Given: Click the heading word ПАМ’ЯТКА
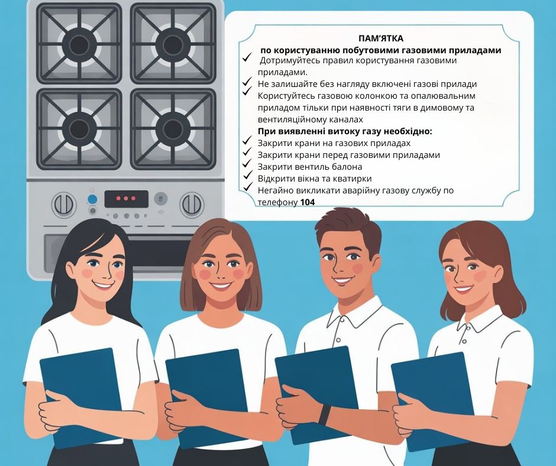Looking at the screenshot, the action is pos(381,38).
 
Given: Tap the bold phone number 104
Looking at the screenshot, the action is pos(308,202).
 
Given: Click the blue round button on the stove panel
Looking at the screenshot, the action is pos(92,199).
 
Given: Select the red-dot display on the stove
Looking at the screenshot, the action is pos(126,199).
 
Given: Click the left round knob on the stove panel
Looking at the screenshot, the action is pos(64,205).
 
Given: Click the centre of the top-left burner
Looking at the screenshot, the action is pos(79,44).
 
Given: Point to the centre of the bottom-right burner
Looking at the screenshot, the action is pos(173,129).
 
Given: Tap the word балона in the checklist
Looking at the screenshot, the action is pos(348,167).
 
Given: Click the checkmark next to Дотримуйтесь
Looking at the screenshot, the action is pos(247,57).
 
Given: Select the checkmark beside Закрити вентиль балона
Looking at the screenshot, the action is pos(247,164).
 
